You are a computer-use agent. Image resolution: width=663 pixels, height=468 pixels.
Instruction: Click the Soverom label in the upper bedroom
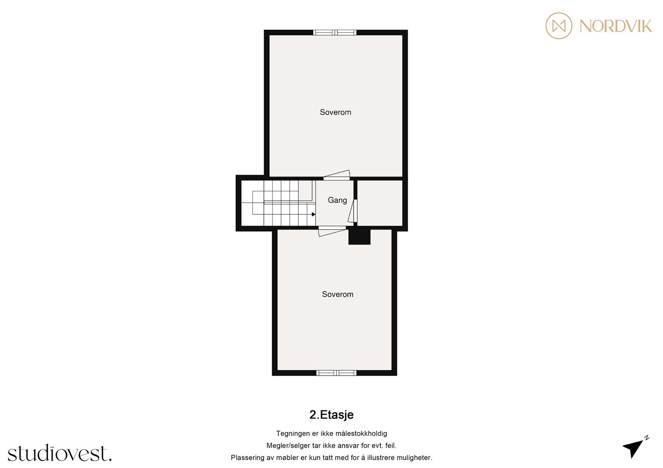(335, 112)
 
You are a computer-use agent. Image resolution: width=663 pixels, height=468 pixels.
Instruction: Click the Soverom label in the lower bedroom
(337, 294)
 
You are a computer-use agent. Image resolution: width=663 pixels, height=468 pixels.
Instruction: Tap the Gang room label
(337, 200)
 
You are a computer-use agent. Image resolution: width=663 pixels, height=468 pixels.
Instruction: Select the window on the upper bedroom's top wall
(335, 32)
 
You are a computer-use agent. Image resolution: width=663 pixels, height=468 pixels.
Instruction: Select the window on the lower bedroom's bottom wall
(336, 373)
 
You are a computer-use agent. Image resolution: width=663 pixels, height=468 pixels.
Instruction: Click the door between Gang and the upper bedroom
(337, 175)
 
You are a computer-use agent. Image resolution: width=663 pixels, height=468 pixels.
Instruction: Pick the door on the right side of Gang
(353, 211)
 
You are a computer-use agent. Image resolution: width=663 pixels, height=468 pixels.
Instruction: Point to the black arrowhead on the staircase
(314, 214)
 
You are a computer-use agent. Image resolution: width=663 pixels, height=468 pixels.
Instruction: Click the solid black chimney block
(359, 237)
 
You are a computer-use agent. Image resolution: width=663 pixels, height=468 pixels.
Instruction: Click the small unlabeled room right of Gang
(380, 203)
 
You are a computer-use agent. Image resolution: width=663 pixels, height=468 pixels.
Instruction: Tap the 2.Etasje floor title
(331, 415)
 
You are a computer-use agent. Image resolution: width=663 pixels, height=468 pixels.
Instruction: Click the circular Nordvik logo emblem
(559, 26)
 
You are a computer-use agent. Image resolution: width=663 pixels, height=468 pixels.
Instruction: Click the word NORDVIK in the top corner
(615, 26)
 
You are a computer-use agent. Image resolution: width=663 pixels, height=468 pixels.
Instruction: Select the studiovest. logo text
(60, 454)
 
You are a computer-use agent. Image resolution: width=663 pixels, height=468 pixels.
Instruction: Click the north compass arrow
(633, 448)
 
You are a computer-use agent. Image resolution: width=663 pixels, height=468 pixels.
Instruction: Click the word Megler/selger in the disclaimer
(288, 446)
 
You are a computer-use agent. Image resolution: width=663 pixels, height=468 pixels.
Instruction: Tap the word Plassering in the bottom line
(247, 458)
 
